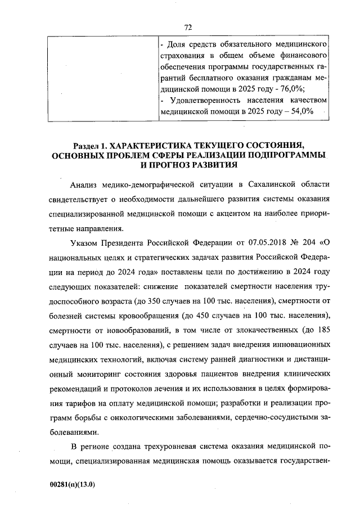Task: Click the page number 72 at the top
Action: (188, 26)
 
